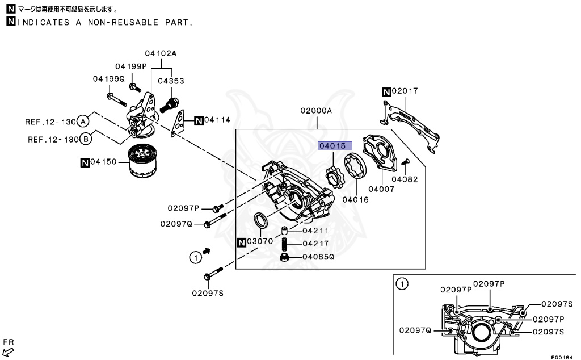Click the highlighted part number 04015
click(331, 146)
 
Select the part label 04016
click(355, 199)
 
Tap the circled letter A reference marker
click(83, 121)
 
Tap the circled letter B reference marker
click(86, 139)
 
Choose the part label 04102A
click(161, 53)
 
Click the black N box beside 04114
click(198, 120)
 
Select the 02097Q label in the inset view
click(415, 330)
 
